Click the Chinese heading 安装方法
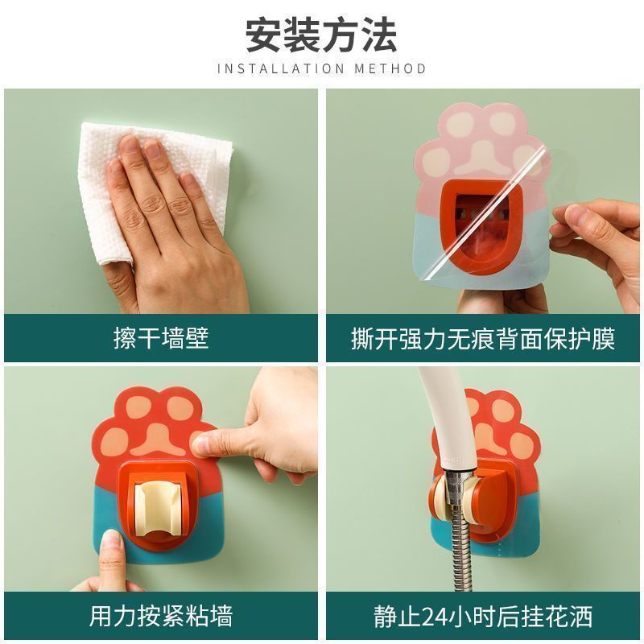pyautogui.click(x=321, y=33)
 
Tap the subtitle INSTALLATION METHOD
pyautogui.click(x=321, y=69)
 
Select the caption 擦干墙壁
pyautogui.click(x=161, y=338)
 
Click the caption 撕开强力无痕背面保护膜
pyautogui.click(x=483, y=338)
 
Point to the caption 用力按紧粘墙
pyautogui.click(x=161, y=617)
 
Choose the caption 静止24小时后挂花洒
pyautogui.click(x=483, y=617)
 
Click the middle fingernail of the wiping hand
pyautogui.click(x=151, y=149)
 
